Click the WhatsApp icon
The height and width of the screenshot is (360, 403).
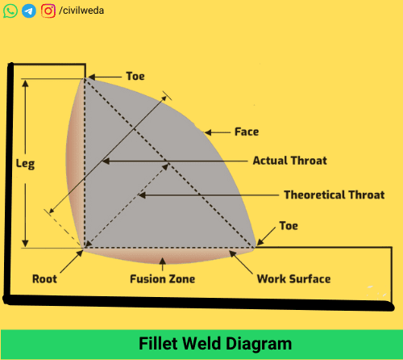10,11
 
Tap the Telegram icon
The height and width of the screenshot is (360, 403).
29,11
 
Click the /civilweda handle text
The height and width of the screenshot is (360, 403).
81,11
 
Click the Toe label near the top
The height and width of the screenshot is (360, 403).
135,77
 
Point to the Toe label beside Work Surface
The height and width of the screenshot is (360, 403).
288,226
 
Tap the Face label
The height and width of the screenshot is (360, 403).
246,132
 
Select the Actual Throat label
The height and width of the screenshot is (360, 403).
289,161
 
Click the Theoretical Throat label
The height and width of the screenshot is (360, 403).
334,195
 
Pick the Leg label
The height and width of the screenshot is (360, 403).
25,162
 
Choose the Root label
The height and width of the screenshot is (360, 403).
44,279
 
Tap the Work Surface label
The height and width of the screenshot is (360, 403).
293,279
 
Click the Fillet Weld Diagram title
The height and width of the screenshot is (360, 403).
201,344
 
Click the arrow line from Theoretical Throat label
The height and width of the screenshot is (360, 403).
210,195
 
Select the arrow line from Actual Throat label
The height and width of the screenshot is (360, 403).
177,161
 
